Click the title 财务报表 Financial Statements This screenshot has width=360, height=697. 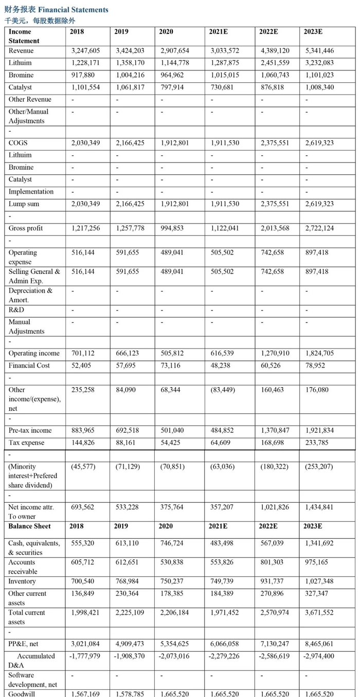[x=57, y=10]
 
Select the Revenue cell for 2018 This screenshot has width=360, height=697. [x=85, y=51]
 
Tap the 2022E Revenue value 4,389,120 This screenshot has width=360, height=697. [x=275, y=51]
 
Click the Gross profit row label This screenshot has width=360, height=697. [x=26, y=228]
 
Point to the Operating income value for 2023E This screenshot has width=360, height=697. [x=319, y=353]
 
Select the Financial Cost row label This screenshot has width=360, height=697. [x=29, y=365]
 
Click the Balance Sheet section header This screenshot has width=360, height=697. [x=29, y=526]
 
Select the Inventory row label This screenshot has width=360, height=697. [x=22, y=581]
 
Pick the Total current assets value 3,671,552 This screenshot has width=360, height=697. [x=319, y=612]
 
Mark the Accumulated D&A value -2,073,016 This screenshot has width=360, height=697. [x=175, y=656]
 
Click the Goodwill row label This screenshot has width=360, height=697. [x=21, y=693]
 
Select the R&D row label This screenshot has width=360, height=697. [x=16, y=310]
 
